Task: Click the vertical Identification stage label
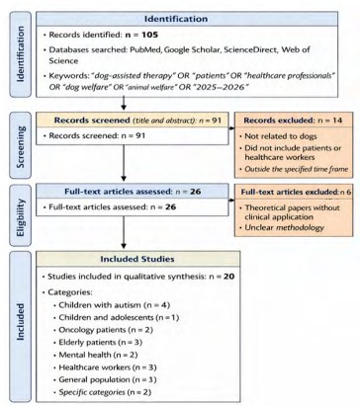pyautogui.click(x=21, y=54)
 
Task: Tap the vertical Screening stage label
pyautogui.click(x=21, y=146)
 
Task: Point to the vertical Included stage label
pyautogui.click(x=21, y=322)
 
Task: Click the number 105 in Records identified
pyautogui.click(x=150, y=35)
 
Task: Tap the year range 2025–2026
pyautogui.click(x=222, y=87)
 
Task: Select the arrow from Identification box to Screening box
pyautogui.click(x=124, y=103)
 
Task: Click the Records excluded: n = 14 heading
pyautogui.click(x=293, y=121)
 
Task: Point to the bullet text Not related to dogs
pyautogui.click(x=281, y=136)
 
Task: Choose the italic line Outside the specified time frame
pyautogui.click(x=296, y=169)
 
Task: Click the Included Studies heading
pyautogui.click(x=137, y=259)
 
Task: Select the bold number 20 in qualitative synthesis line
pyautogui.click(x=228, y=277)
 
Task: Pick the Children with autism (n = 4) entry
pyautogui.click(x=114, y=305)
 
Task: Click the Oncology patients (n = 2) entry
pyautogui.click(x=106, y=330)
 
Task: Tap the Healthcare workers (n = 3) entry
pyautogui.click(x=108, y=367)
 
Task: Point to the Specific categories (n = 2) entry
pyautogui.click(x=105, y=392)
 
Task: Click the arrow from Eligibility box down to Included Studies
pyautogui.click(x=124, y=232)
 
